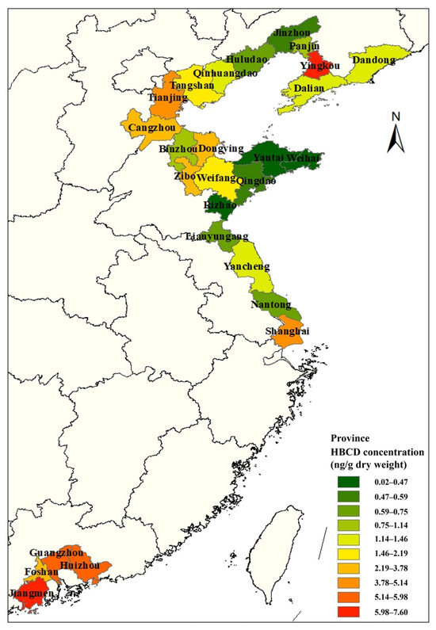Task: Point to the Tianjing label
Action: click(x=169, y=97)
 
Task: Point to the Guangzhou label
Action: click(x=58, y=552)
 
